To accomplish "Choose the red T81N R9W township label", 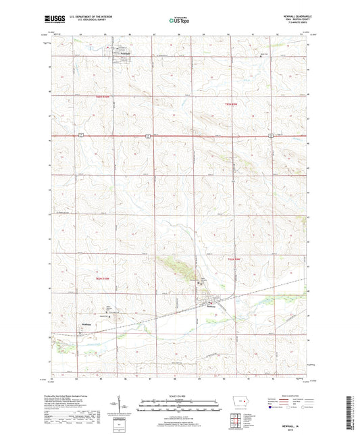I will (234, 259).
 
